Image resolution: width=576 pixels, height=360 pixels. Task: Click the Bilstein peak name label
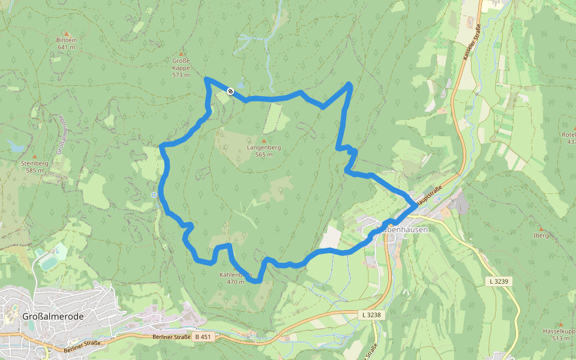[x=67, y=40]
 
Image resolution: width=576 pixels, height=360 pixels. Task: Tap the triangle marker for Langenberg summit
[x=263, y=140]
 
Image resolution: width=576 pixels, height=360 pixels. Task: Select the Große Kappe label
[x=181, y=64]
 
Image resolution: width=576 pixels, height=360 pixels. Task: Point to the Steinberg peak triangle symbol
[x=34, y=156]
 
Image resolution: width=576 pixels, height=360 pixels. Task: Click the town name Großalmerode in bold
[x=52, y=316]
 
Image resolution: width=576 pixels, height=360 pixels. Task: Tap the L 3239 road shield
[x=498, y=281]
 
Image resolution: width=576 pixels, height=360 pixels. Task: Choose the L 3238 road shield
[x=371, y=314]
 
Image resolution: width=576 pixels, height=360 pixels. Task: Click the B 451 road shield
[x=203, y=337]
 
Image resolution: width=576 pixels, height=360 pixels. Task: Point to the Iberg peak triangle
[x=540, y=229]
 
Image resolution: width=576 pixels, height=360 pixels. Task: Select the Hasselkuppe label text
[x=559, y=331]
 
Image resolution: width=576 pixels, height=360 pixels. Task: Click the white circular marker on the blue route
[x=230, y=91]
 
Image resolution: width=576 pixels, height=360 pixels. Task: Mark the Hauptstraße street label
[x=430, y=194]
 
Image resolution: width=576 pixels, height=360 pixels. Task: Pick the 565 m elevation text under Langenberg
[x=263, y=154]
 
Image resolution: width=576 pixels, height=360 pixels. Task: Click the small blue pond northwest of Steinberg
[x=15, y=145]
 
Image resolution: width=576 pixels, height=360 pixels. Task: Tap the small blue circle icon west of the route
[x=155, y=195]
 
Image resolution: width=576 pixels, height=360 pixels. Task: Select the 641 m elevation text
[x=67, y=47]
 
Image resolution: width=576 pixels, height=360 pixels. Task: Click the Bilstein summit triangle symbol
[x=67, y=34]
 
